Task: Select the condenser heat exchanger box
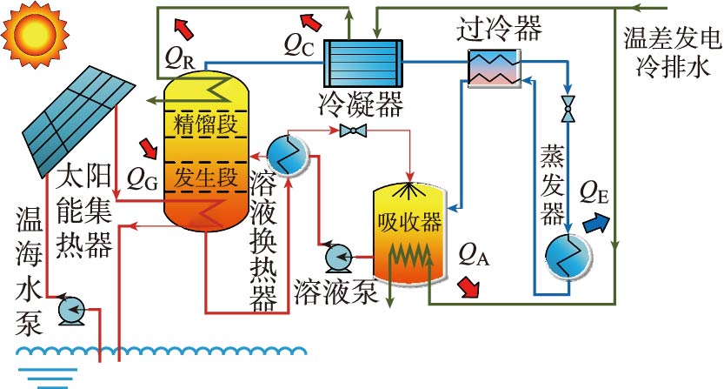(361, 63)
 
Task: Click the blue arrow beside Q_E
(597, 222)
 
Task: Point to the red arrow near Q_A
(470, 286)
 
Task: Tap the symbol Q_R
(178, 57)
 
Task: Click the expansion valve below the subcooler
(568, 111)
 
